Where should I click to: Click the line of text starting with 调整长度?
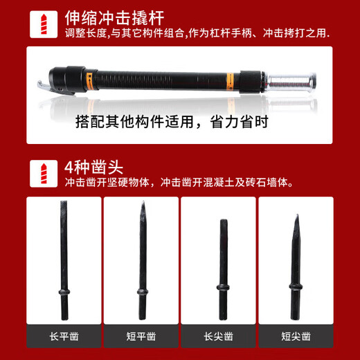pos(197,33)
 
